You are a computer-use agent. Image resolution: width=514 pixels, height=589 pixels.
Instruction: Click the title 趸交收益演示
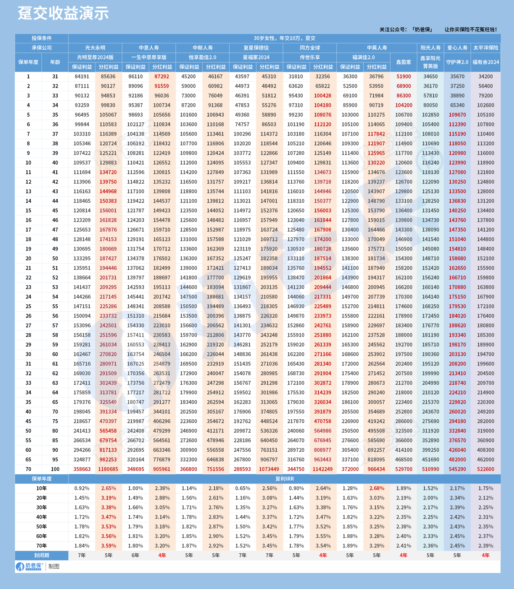point(63,13)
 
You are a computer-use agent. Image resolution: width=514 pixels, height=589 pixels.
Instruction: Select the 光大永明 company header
point(95,48)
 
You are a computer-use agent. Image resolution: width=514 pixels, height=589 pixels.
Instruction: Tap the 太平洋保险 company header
point(486,48)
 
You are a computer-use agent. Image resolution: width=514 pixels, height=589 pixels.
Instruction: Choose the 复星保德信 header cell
point(256,48)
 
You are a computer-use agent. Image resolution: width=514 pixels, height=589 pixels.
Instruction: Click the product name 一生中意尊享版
point(149,57)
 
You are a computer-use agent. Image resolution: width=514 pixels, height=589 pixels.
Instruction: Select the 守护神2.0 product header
point(457,62)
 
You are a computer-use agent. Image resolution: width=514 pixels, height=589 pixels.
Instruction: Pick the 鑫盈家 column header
point(404,62)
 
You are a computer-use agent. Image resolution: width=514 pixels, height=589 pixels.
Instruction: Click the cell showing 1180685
point(108,469)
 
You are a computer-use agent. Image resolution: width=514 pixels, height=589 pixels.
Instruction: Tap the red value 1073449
point(269,469)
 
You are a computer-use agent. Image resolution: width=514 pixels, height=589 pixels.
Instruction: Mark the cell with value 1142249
point(323,469)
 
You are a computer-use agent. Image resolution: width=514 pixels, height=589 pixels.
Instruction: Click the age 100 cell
point(55,469)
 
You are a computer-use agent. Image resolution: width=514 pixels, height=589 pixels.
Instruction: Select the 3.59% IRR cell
point(108,546)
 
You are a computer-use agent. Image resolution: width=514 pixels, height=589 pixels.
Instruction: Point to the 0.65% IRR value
point(242,488)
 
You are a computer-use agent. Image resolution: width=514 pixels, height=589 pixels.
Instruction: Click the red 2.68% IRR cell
point(377,488)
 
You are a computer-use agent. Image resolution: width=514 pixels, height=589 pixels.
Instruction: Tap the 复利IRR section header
point(285,479)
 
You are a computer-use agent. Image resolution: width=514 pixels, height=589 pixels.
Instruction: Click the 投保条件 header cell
point(42,38)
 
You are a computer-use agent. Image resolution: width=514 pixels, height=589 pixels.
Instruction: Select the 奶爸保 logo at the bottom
point(29,566)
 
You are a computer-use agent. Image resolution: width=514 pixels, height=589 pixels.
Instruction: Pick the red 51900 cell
point(404,77)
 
